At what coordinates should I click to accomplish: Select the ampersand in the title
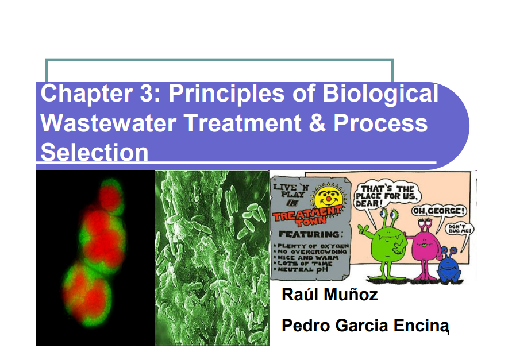[317, 123]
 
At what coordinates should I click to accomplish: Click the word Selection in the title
[94, 152]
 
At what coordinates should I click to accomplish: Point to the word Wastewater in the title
[108, 123]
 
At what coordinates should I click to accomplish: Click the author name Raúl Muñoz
[329, 294]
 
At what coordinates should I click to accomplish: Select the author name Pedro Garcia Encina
[365, 325]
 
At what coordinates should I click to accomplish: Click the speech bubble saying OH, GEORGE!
[438, 211]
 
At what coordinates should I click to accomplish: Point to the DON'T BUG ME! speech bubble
[460, 229]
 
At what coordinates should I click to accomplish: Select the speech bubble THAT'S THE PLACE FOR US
[387, 196]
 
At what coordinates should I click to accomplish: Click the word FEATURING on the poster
[310, 234]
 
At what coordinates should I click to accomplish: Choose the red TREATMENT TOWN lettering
[307, 216]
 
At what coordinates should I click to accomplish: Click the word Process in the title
[380, 123]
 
